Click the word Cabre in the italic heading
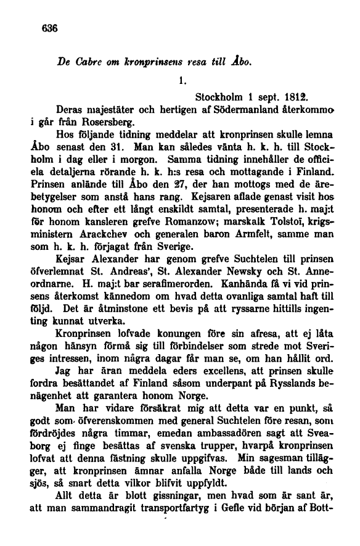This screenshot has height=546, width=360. pyautogui.click(x=88, y=63)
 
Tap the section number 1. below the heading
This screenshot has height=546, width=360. pyautogui.click(x=181, y=80)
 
